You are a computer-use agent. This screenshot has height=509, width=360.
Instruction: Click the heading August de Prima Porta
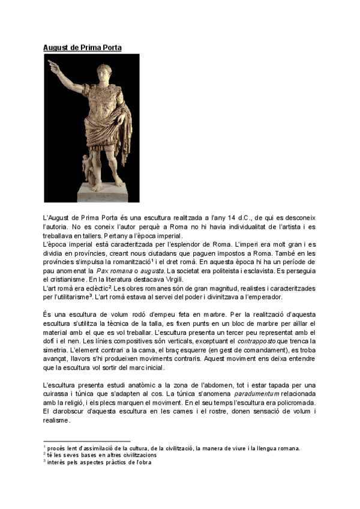(x=82, y=47)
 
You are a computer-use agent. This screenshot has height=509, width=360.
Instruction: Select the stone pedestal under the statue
(x=99, y=191)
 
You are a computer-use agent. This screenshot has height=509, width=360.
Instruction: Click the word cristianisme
(x=64, y=280)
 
